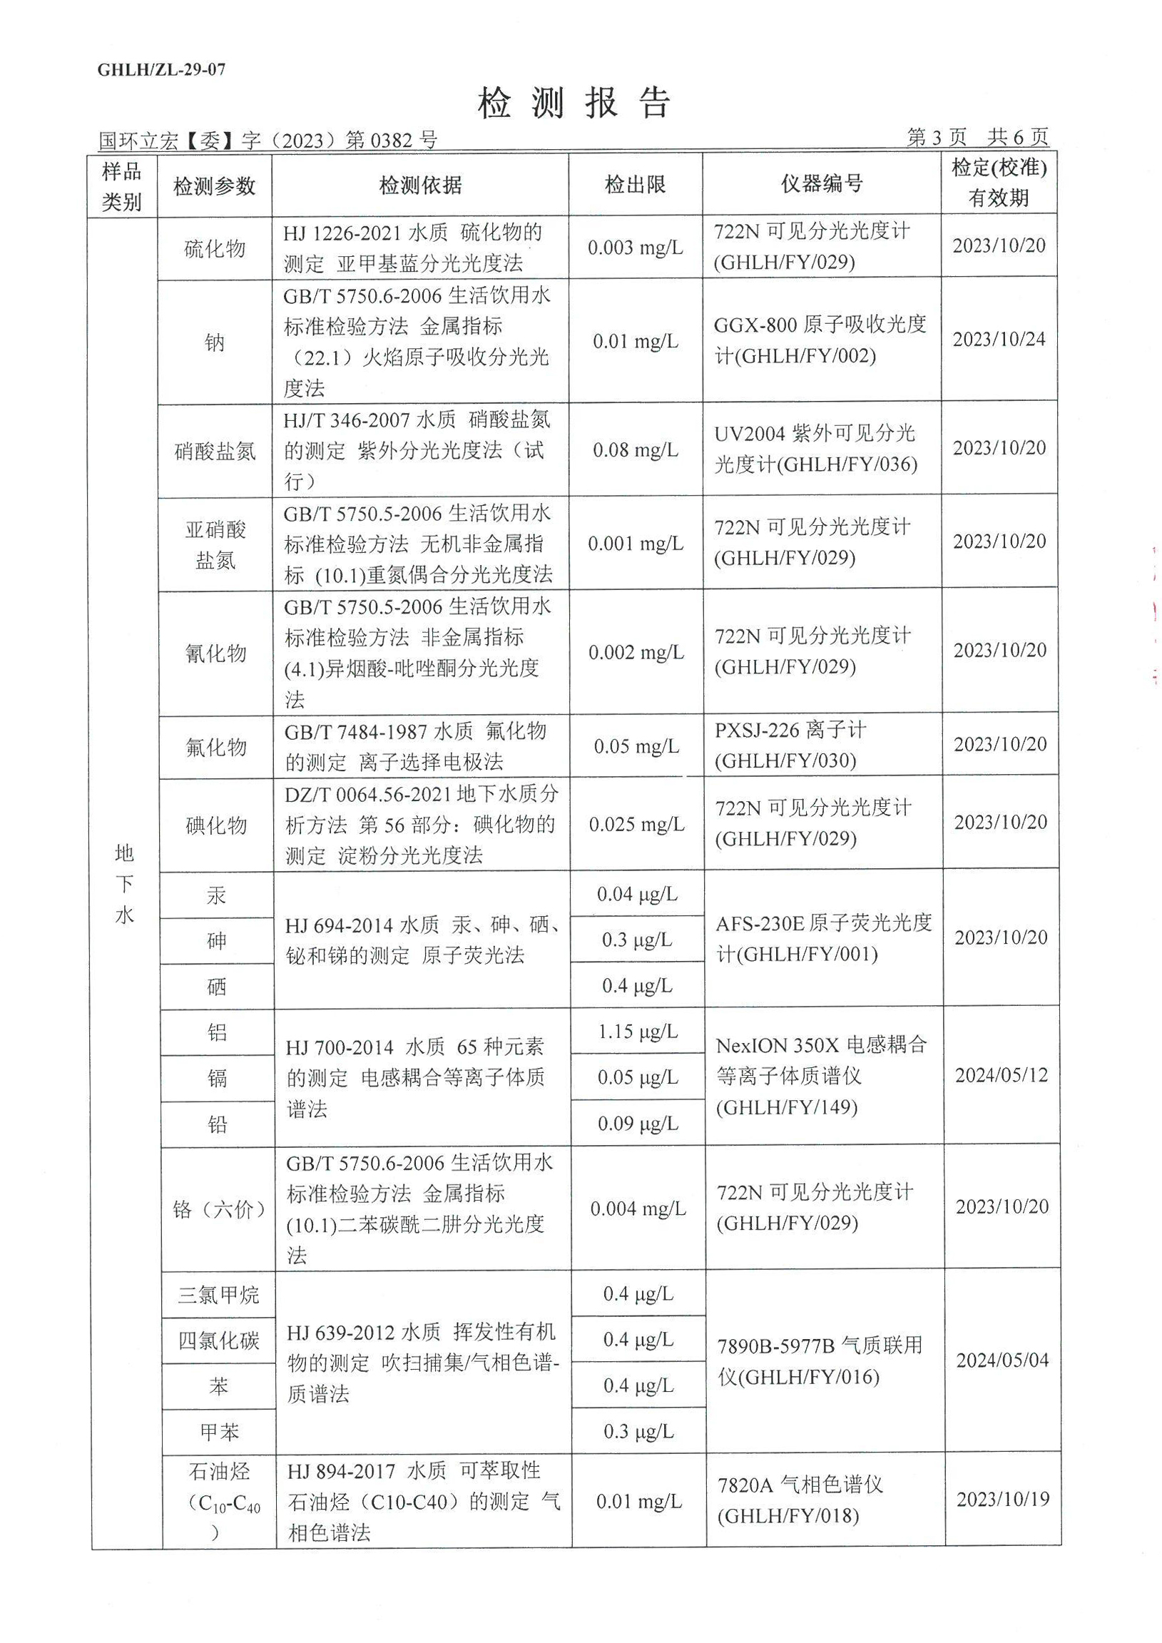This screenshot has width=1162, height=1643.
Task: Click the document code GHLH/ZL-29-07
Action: click(x=161, y=69)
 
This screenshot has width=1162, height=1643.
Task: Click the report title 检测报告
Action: click(x=574, y=103)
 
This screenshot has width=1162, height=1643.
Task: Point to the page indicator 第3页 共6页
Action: click(x=977, y=137)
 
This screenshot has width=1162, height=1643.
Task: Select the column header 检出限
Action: click(x=635, y=185)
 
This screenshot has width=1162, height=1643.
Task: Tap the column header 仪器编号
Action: click(x=822, y=184)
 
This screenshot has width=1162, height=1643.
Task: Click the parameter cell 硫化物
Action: click(x=215, y=248)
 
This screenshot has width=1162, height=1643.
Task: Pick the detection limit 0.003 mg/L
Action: click(x=635, y=248)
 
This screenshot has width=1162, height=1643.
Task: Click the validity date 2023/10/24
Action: click(x=999, y=339)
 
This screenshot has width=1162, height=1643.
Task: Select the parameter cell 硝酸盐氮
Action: click(x=215, y=451)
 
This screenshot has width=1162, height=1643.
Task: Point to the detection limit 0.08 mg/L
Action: click(x=636, y=450)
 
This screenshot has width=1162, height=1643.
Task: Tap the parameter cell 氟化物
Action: click(x=215, y=747)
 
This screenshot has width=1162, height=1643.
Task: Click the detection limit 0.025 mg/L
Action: click(x=636, y=825)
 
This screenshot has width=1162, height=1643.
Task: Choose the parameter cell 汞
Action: click(x=216, y=895)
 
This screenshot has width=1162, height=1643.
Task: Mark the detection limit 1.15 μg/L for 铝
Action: click(x=638, y=1031)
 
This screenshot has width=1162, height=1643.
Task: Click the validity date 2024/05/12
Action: click(x=1001, y=1075)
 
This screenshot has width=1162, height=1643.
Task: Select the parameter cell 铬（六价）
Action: click(x=219, y=1210)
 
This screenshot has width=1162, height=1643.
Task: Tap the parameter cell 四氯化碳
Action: click(x=219, y=1341)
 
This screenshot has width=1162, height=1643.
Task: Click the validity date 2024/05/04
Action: click(x=1002, y=1360)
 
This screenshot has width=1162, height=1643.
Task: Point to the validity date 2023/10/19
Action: click(x=1002, y=1498)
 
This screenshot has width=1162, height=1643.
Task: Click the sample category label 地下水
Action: click(x=124, y=884)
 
